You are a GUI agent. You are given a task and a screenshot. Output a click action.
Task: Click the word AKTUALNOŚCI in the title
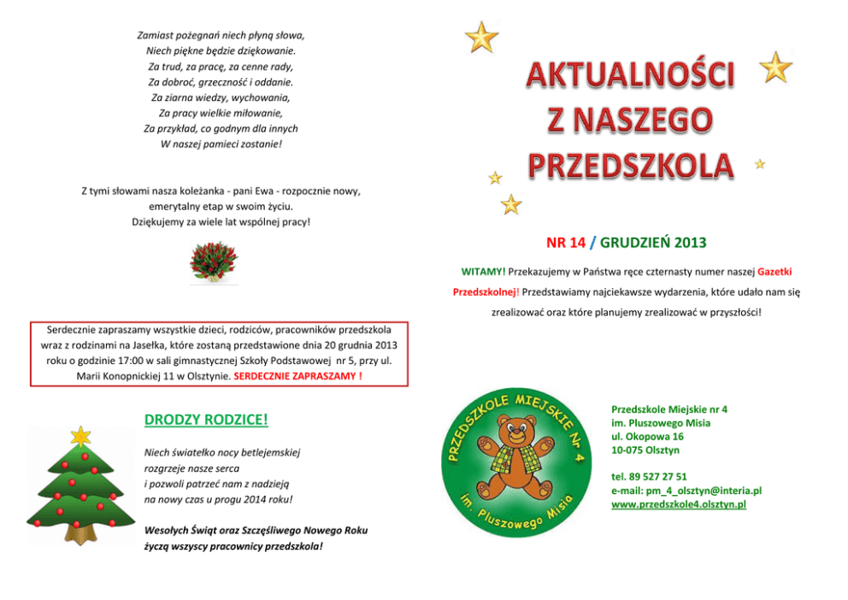(630, 76)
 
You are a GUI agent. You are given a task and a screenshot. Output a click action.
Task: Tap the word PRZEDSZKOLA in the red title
(630, 166)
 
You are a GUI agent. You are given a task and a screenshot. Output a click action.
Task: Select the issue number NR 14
(566, 243)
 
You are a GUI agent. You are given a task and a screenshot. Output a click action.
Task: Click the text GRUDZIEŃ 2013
(653, 243)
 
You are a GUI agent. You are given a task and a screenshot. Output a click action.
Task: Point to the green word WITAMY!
(483, 272)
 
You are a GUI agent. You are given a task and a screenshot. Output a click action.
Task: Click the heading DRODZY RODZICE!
(206, 420)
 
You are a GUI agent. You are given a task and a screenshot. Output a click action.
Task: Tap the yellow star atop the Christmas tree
(80, 435)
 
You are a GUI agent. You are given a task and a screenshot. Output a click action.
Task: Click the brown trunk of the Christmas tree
(80, 536)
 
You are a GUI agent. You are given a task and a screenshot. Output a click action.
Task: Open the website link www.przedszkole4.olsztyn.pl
(679, 504)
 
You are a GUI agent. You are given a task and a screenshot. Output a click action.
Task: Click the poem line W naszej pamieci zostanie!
(221, 144)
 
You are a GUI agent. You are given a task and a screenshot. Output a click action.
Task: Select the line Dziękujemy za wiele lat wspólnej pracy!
(221, 222)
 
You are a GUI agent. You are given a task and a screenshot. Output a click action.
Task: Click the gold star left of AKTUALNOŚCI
(481, 37)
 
